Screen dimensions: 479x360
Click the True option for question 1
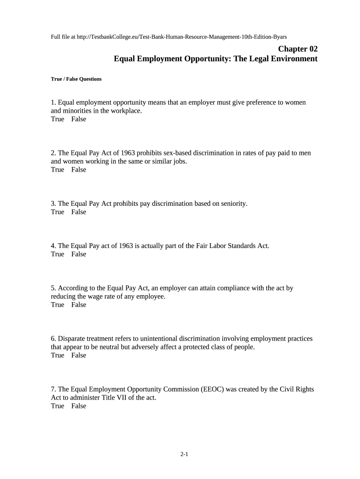pyautogui.click(x=58, y=119)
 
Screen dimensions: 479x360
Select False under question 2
pyautogui.click(x=79, y=170)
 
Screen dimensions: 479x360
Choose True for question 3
pyautogui.click(x=58, y=212)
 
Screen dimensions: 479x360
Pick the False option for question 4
pyautogui.click(x=79, y=254)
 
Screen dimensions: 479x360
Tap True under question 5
pyautogui.click(x=58, y=305)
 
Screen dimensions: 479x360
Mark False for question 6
pyautogui.click(x=79, y=356)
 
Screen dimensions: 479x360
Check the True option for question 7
pyautogui.click(x=58, y=406)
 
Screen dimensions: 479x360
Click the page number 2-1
pyautogui.click(x=184, y=454)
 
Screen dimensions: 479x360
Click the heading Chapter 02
pyautogui.click(x=298, y=49)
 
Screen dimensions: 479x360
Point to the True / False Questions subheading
pyautogui.click(x=76, y=79)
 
